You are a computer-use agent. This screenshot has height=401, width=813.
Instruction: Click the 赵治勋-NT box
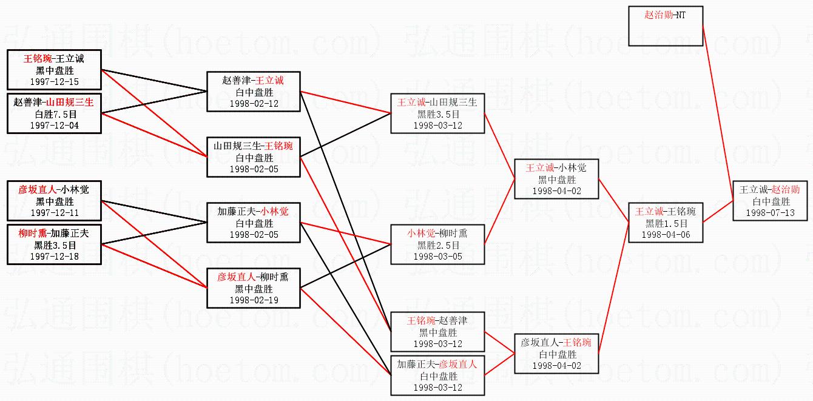pyautogui.click(x=665, y=27)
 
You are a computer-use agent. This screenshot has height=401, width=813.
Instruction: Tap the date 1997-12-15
pyautogui.click(x=54, y=82)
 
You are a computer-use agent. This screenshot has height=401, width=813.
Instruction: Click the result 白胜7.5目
pyautogui.click(x=54, y=114)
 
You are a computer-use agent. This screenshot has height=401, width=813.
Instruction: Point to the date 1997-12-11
pyautogui.click(x=54, y=213)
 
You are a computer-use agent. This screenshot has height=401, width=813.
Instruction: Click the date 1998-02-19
pyautogui.click(x=254, y=300)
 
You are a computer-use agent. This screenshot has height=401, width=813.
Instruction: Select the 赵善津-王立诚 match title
pyautogui.click(x=254, y=81)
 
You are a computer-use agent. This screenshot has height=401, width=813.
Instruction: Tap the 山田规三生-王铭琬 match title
pyautogui.click(x=254, y=146)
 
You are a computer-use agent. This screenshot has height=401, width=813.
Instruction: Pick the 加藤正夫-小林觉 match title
pyautogui.click(x=254, y=212)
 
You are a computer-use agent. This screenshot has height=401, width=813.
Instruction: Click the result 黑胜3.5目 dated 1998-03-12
pyautogui.click(x=438, y=114)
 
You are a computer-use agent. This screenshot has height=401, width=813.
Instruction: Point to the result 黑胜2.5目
pyautogui.click(x=438, y=245)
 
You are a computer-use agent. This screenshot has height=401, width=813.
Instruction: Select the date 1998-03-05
pyautogui.click(x=438, y=257)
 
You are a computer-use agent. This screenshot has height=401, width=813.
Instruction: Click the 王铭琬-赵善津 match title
pyautogui.click(x=438, y=321)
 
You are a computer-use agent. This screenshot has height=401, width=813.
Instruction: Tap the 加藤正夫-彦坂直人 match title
pyautogui.click(x=438, y=365)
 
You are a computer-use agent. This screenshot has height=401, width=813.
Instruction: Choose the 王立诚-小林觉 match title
pyautogui.click(x=556, y=168)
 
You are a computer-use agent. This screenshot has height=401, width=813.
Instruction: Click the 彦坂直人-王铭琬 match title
pyautogui.click(x=556, y=343)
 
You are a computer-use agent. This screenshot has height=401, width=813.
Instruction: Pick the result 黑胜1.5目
pyautogui.click(x=666, y=223)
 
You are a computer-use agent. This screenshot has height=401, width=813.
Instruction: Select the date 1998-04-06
pyautogui.click(x=666, y=235)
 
